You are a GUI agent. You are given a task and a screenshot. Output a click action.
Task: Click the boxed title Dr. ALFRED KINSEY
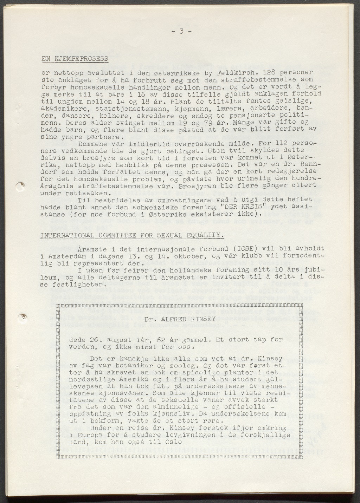[x=180, y=319]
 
